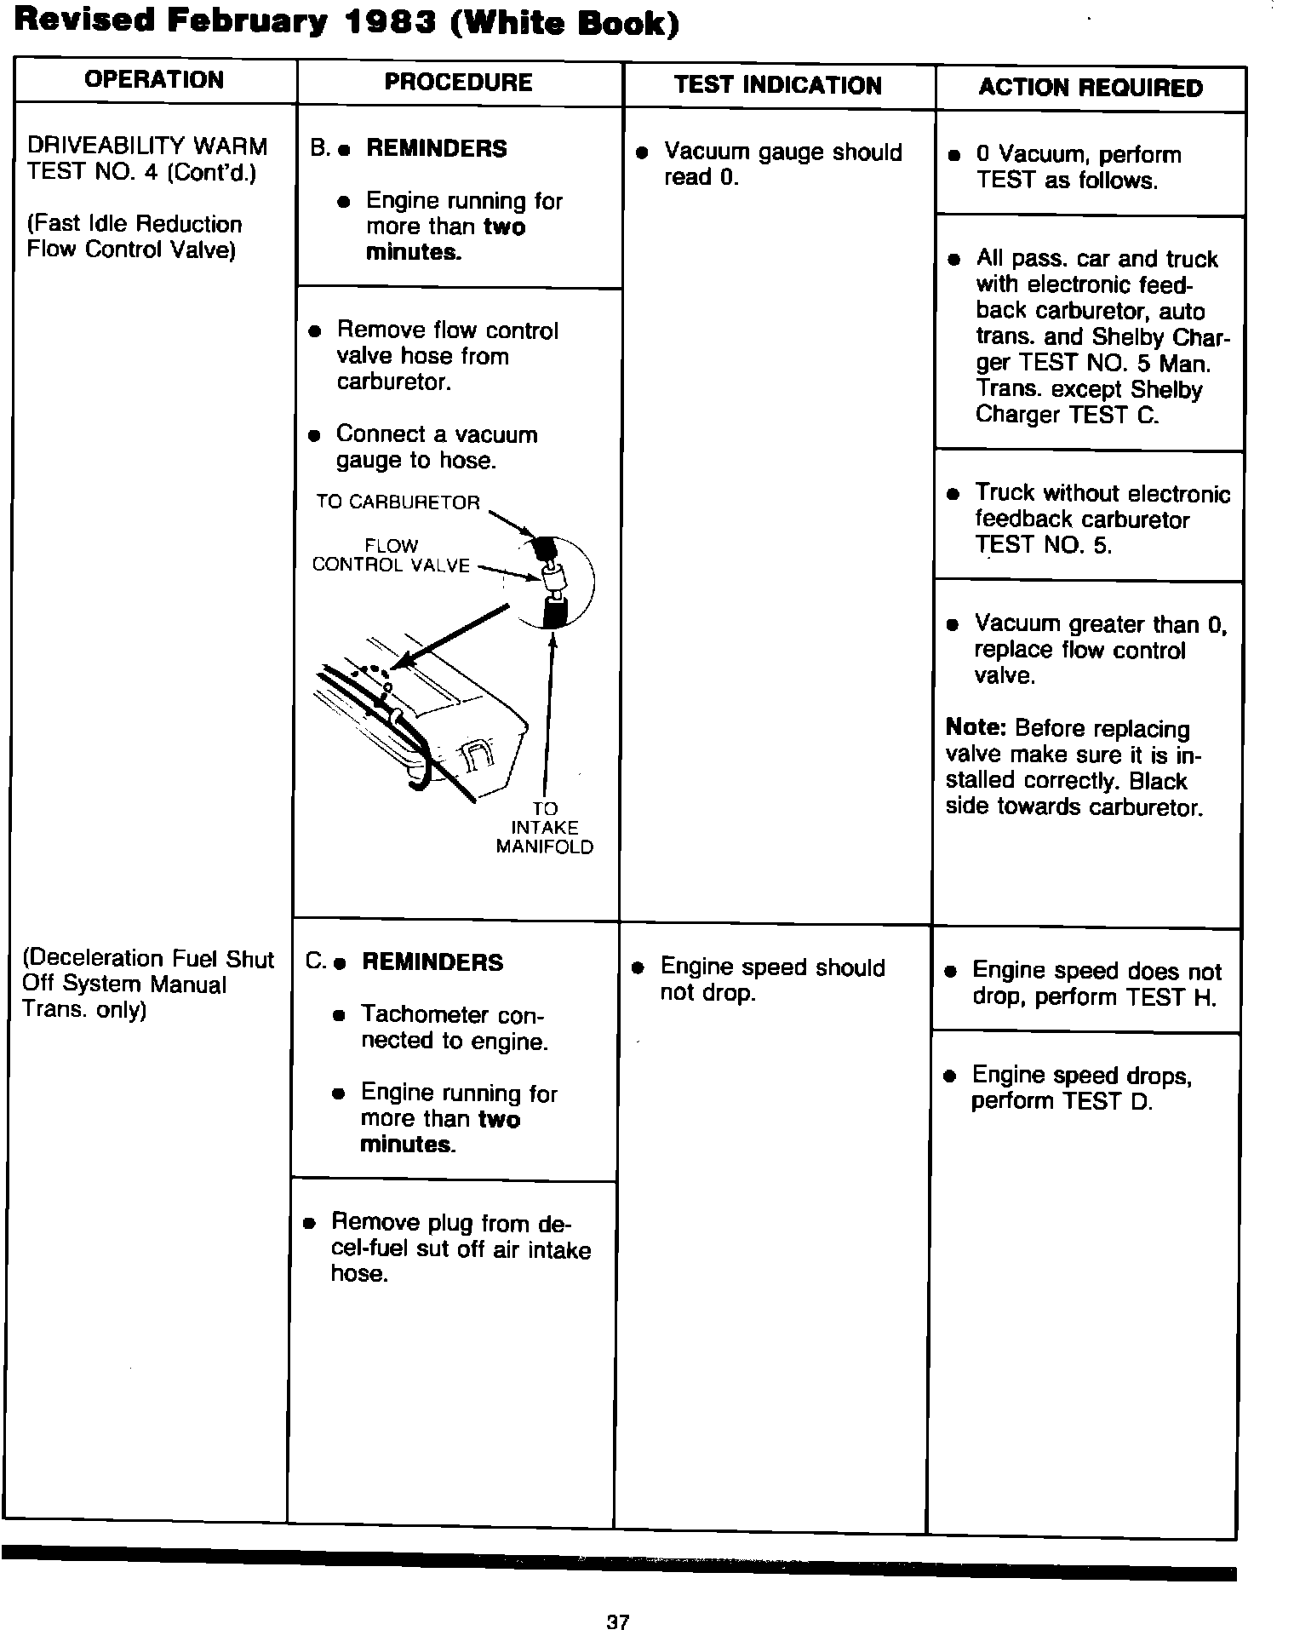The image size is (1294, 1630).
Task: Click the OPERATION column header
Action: tap(154, 80)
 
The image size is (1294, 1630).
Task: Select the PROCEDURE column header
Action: tap(458, 83)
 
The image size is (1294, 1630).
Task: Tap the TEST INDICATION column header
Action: tap(777, 85)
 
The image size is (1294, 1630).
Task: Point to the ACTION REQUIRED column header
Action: tap(1091, 88)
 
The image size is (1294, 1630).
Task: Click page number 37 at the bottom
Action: tap(618, 1598)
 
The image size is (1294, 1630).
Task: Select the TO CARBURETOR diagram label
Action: tap(398, 502)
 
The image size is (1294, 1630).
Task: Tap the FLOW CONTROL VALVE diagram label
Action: tap(391, 555)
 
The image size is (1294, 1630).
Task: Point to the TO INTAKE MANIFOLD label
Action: tap(544, 828)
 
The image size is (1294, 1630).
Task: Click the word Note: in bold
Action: tap(976, 729)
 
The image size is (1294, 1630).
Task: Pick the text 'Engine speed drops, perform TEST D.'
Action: tap(1080, 1088)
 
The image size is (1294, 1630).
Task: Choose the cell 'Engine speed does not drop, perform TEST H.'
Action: tap(1096, 984)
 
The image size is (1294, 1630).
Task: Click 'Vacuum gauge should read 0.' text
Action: tap(782, 164)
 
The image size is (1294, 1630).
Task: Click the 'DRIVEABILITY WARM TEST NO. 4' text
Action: tap(146, 159)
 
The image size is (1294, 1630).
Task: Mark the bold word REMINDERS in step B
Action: tap(436, 148)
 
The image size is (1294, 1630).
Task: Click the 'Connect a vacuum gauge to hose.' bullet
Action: tap(436, 447)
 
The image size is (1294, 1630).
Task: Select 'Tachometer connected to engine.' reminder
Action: tap(453, 1028)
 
